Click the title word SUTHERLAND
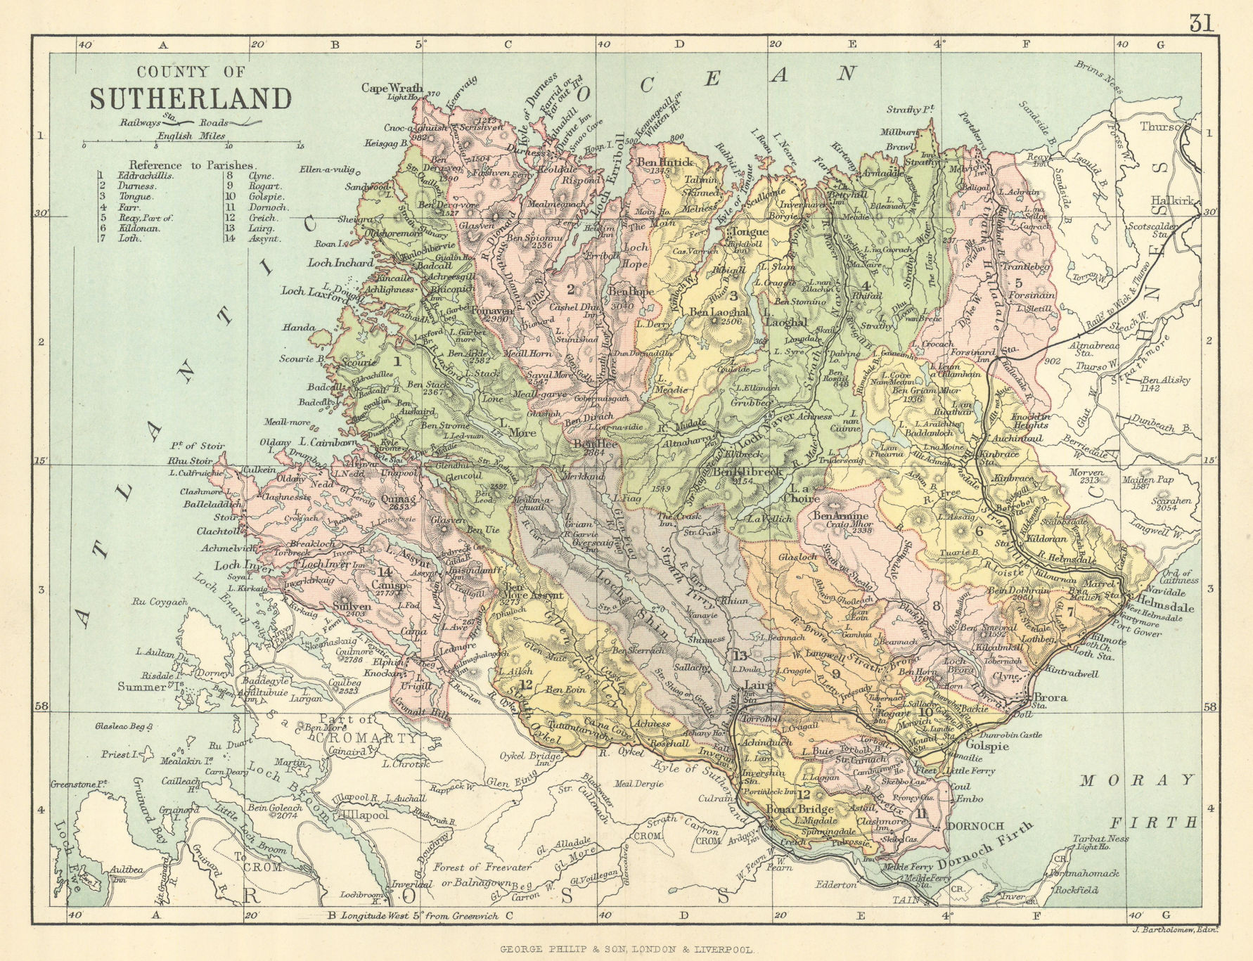click(x=190, y=98)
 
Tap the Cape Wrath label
click(x=392, y=88)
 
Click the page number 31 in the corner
click(x=1202, y=23)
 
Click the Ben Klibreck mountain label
click(x=747, y=472)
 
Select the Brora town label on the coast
click(x=1050, y=698)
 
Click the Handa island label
click(x=295, y=327)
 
